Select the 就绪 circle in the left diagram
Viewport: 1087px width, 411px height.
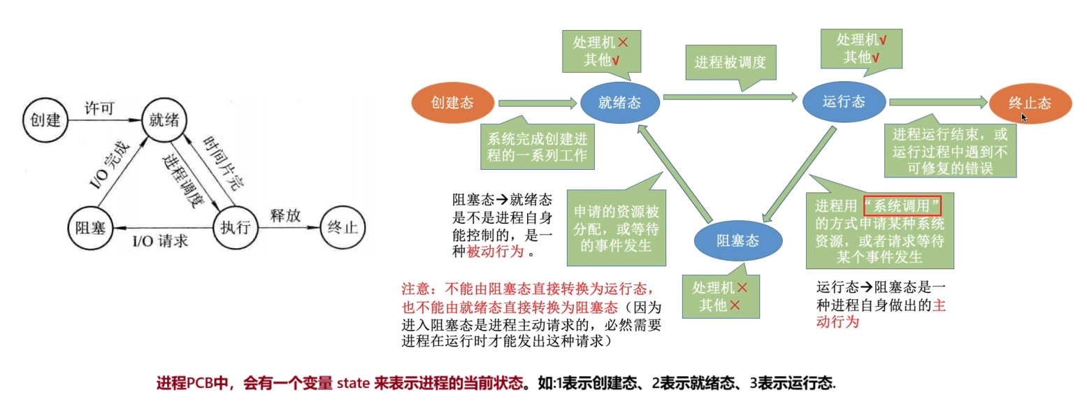click(161, 120)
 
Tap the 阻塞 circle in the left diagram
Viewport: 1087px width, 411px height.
click(91, 227)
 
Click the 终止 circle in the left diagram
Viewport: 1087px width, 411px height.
click(342, 227)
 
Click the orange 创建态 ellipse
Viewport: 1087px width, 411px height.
click(452, 103)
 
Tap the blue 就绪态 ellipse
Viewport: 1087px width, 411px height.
click(619, 103)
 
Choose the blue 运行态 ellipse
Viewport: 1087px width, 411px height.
click(843, 102)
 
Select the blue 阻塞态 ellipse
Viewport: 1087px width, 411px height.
click(737, 240)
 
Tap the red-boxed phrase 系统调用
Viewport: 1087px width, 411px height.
click(902, 207)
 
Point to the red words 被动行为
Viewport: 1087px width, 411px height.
click(495, 252)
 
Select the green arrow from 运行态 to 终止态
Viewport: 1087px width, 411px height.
click(937, 103)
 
